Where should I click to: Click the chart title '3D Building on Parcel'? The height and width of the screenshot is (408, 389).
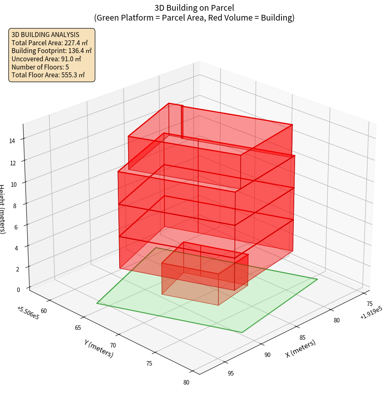(x=194, y=7)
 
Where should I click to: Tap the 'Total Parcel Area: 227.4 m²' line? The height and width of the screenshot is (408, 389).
(x=49, y=42)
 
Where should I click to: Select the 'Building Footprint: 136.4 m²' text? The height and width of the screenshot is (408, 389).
(x=52, y=51)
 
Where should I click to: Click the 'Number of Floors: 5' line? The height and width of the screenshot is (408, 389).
(x=40, y=67)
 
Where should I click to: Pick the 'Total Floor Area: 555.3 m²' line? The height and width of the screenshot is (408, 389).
(x=48, y=75)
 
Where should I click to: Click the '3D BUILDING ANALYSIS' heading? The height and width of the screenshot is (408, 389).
(x=45, y=35)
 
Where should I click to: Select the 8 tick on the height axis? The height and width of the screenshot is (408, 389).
(x=15, y=205)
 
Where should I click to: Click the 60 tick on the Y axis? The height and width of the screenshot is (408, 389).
(x=44, y=311)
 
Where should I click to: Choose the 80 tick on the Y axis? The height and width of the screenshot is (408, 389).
(x=186, y=382)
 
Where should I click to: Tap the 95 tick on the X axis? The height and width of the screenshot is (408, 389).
(x=230, y=373)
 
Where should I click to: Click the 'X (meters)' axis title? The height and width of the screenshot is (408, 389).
(x=300, y=348)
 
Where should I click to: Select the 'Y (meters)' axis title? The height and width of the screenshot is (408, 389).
(x=98, y=348)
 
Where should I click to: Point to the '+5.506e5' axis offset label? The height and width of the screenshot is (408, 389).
(x=28, y=313)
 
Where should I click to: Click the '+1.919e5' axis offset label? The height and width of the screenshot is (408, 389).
(x=370, y=313)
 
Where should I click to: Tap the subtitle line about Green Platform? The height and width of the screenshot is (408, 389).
(x=194, y=18)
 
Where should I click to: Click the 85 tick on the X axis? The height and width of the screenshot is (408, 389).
(x=302, y=338)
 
